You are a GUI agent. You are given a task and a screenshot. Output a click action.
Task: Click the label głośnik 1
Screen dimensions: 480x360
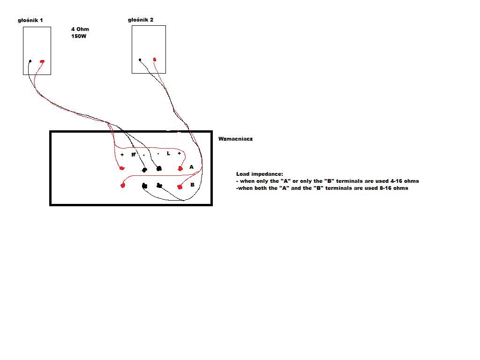(x=30, y=20)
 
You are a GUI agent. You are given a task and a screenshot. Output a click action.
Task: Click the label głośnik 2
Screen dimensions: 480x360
(x=141, y=20)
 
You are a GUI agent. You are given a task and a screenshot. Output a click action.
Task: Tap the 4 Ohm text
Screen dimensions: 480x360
(x=80, y=29)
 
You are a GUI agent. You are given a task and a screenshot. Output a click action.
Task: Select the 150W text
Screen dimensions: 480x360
(x=79, y=36)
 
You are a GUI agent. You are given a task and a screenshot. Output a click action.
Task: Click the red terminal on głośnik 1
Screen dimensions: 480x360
(x=42, y=61)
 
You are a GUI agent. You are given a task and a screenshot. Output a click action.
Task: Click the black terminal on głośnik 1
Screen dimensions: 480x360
(x=30, y=61)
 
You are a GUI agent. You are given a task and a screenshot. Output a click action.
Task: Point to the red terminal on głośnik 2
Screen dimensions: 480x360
(x=155, y=60)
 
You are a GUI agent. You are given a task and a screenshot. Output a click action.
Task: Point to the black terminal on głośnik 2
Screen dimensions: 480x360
(x=140, y=60)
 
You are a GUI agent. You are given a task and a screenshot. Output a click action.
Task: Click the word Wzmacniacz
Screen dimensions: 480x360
(x=235, y=139)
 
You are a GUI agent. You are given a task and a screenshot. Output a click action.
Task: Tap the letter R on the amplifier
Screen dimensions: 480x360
(x=134, y=155)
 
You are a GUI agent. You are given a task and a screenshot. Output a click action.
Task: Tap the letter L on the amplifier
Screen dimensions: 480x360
(x=168, y=153)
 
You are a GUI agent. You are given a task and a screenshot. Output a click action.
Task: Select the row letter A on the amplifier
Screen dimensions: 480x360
(x=191, y=167)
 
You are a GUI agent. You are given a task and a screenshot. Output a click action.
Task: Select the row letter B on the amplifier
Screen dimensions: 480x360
(x=192, y=185)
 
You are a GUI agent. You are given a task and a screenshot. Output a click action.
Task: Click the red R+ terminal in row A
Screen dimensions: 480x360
(x=122, y=168)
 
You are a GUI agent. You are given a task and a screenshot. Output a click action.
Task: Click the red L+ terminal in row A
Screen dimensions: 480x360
(x=180, y=168)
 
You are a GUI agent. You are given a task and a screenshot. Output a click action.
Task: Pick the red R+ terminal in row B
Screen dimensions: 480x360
(x=123, y=185)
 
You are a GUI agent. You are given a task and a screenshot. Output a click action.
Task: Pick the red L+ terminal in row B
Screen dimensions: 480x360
(x=180, y=187)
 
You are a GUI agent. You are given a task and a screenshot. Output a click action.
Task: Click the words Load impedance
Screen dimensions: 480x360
(x=260, y=174)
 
